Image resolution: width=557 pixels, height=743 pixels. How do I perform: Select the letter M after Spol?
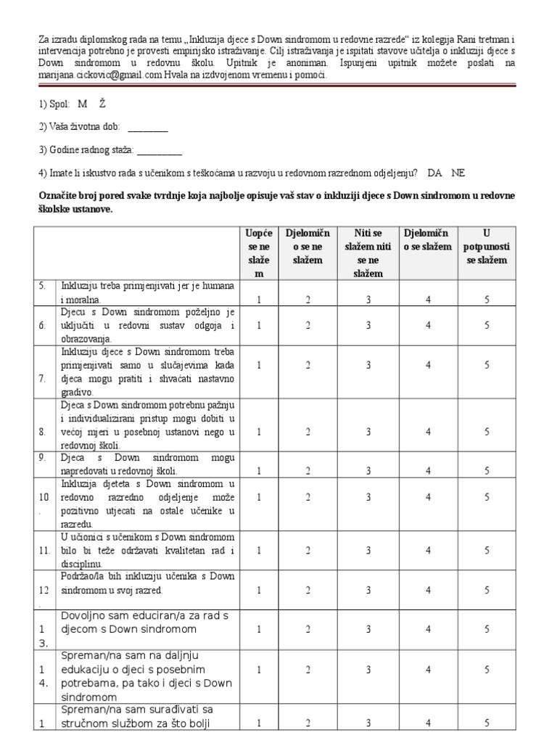click(82, 104)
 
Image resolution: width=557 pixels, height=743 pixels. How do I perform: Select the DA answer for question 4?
click(435, 173)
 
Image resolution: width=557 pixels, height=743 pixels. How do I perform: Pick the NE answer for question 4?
click(458, 173)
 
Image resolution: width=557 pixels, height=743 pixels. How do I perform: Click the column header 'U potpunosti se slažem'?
click(487, 246)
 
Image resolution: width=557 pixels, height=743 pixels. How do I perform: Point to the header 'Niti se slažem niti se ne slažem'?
click(368, 253)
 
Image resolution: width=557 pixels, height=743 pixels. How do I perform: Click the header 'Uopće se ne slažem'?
click(259, 253)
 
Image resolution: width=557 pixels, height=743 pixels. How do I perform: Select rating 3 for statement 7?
click(368, 366)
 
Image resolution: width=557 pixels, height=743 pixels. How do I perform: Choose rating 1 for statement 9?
click(259, 470)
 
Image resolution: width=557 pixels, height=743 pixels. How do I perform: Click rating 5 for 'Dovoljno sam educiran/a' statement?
click(487, 629)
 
